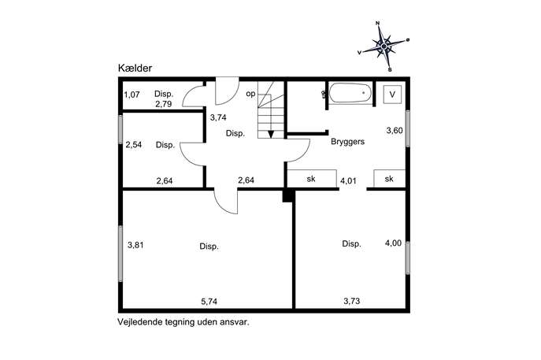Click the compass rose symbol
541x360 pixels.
(384, 46)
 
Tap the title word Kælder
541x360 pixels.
(135, 68)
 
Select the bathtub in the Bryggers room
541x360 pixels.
(350, 93)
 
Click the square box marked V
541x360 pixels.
(392, 95)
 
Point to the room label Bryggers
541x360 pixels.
(347, 142)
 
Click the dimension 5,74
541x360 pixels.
(209, 302)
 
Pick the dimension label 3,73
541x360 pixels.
(351, 301)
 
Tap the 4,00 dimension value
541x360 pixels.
(393, 243)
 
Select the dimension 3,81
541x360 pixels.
(135, 245)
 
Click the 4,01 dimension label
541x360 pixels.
(348, 181)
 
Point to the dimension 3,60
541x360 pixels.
(395, 131)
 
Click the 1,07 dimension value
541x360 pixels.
(132, 95)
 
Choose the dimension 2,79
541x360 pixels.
(164, 104)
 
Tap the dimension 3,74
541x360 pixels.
(218, 117)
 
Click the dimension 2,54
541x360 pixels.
(134, 144)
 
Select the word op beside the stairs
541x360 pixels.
(251, 94)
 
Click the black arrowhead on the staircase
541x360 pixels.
(271, 134)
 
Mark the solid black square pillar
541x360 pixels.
(287, 195)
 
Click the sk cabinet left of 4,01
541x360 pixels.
(312, 179)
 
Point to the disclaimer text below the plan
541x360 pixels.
(183, 322)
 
